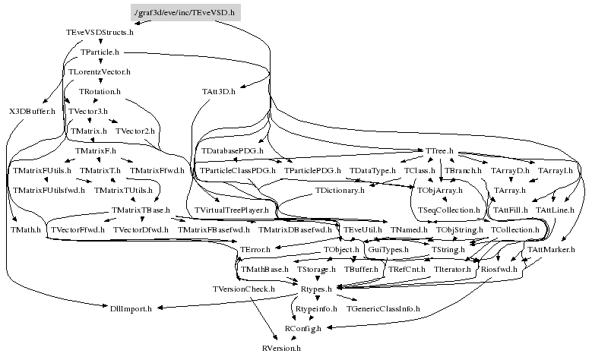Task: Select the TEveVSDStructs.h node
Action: (x=100, y=33)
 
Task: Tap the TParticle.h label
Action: (x=100, y=52)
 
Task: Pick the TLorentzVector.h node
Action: (x=100, y=72)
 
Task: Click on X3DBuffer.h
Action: (x=33, y=112)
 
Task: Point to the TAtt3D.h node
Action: (x=219, y=92)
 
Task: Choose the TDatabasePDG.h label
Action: (x=232, y=152)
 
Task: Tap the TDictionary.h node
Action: (x=340, y=190)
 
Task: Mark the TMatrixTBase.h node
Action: (x=140, y=210)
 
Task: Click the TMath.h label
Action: (x=27, y=229)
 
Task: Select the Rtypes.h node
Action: (x=316, y=289)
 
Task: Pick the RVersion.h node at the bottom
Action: (x=281, y=348)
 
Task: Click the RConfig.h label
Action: (x=303, y=328)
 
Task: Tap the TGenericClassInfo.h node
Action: (x=382, y=308)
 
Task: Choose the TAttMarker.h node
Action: (x=551, y=249)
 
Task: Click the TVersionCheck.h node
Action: (x=243, y=289)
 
